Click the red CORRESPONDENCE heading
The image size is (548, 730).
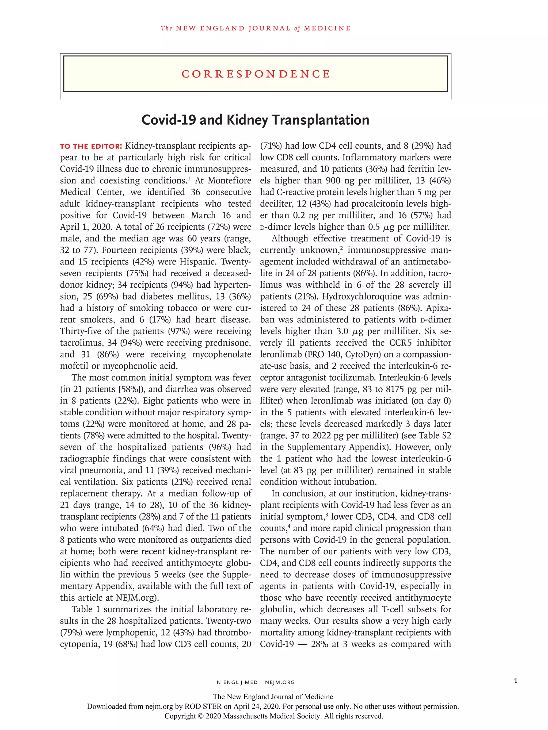pos(256,74)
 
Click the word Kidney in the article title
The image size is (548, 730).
pos(247,120)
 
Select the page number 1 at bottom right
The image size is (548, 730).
pos(516,681)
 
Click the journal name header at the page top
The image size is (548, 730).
pos(256,28)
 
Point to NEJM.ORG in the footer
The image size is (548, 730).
pos(280,682)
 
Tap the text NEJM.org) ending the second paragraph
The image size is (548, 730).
pos(137,598)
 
